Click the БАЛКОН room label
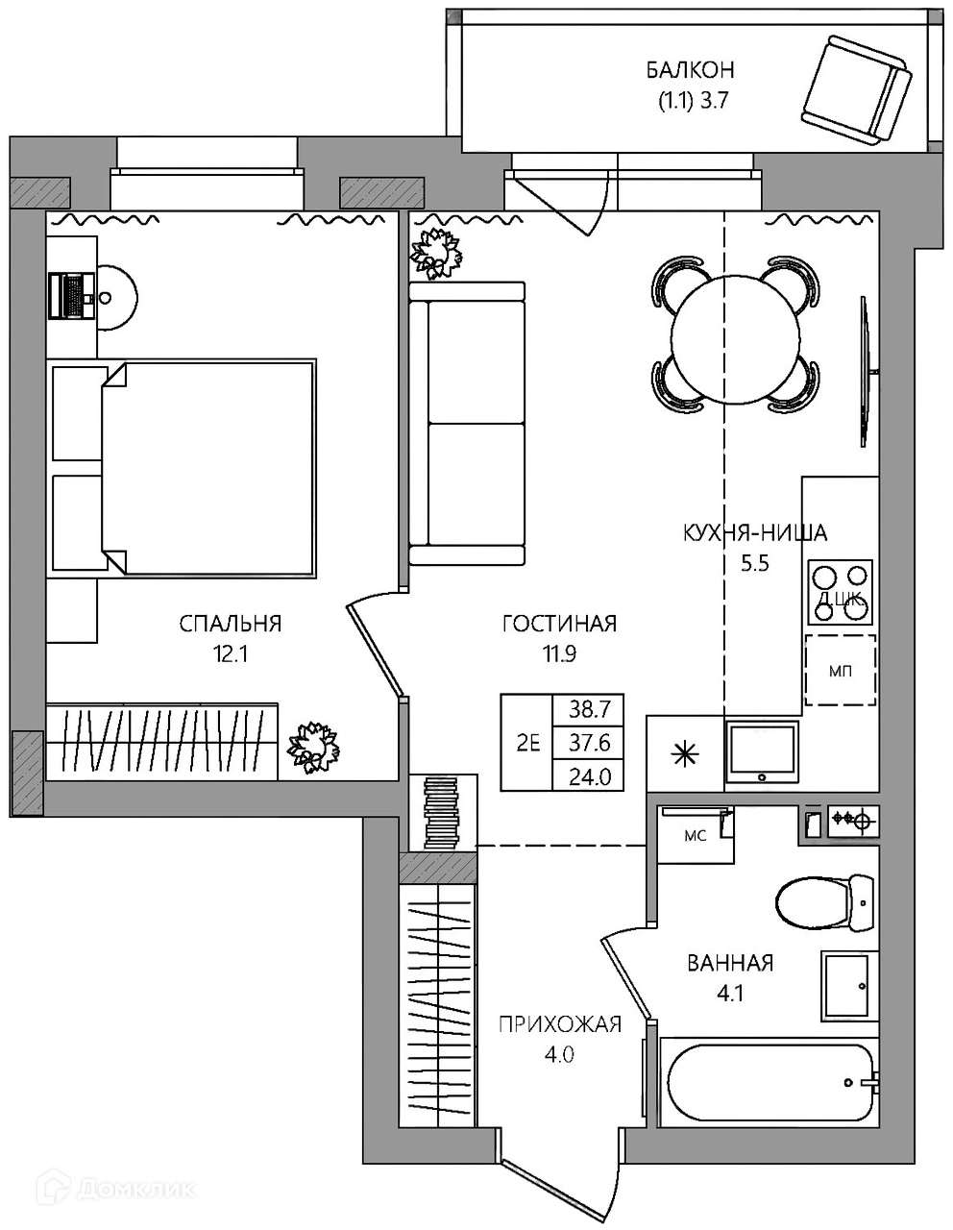(690, 70)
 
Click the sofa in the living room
(467, 424)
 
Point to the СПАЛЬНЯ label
(230, 624)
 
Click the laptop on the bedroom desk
(71, 295)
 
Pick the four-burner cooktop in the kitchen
(840, 592)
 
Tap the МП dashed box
(841, 670)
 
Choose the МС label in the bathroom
(695, 836)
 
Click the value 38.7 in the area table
(589, 710)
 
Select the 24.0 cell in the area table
(589, 776)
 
